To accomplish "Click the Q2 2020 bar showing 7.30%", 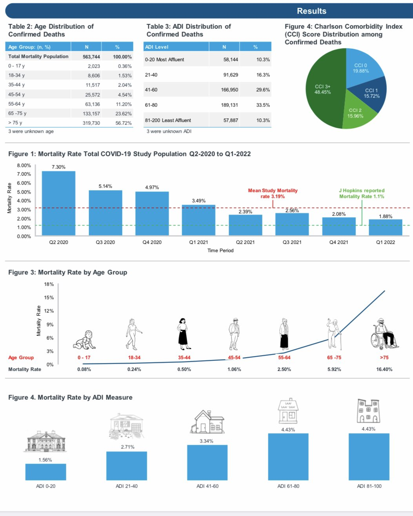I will [x=58, y=203].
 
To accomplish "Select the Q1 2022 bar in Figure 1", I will [x=386, y=227].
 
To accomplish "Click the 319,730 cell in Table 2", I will [x=91, y=123].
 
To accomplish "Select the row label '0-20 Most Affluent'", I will [x=164, y=60].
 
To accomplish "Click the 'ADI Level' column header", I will [x=157, y=47].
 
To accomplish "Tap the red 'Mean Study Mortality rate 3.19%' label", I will [x=273, y=193].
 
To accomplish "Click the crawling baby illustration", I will [x=84, y=340].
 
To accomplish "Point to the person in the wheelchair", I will [x=384, y=334].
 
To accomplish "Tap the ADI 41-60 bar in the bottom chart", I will [x=207, y=462].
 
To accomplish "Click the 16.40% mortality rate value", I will [x=384, y=369].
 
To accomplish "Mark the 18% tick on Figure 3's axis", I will [x=49, y=284].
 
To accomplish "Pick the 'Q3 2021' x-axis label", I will [x=292, y=242].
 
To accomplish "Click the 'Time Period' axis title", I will [x=220, y=251].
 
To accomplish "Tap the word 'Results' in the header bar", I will [x=311, y=11].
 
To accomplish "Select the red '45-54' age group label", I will [x=234, y=358].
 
